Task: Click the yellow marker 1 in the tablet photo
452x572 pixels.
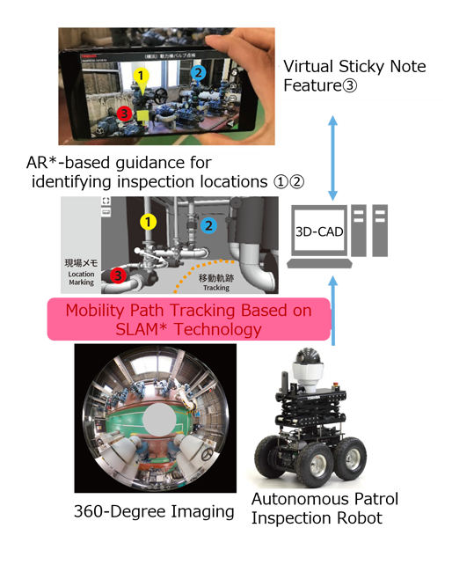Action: [x=142, y=77]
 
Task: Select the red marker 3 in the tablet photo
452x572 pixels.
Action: [x=125, y=114]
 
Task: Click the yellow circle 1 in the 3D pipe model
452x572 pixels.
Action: [x=149, y=222]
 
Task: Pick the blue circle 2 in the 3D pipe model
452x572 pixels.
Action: [x=209, y=225]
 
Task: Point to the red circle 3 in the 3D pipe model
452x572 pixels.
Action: [x=118, y=278]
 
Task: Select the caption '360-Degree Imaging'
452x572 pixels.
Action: [x=156, y=511]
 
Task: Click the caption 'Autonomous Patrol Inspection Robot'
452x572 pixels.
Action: [x=324, y=509]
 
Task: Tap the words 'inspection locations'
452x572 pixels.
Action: [x=202, y=181]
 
